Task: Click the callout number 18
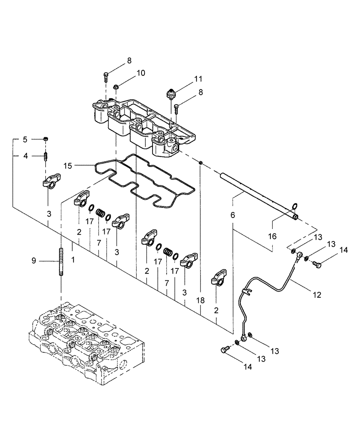201,301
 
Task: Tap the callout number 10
129,73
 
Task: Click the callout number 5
25,140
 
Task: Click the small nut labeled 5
46,140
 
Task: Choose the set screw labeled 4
46,156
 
